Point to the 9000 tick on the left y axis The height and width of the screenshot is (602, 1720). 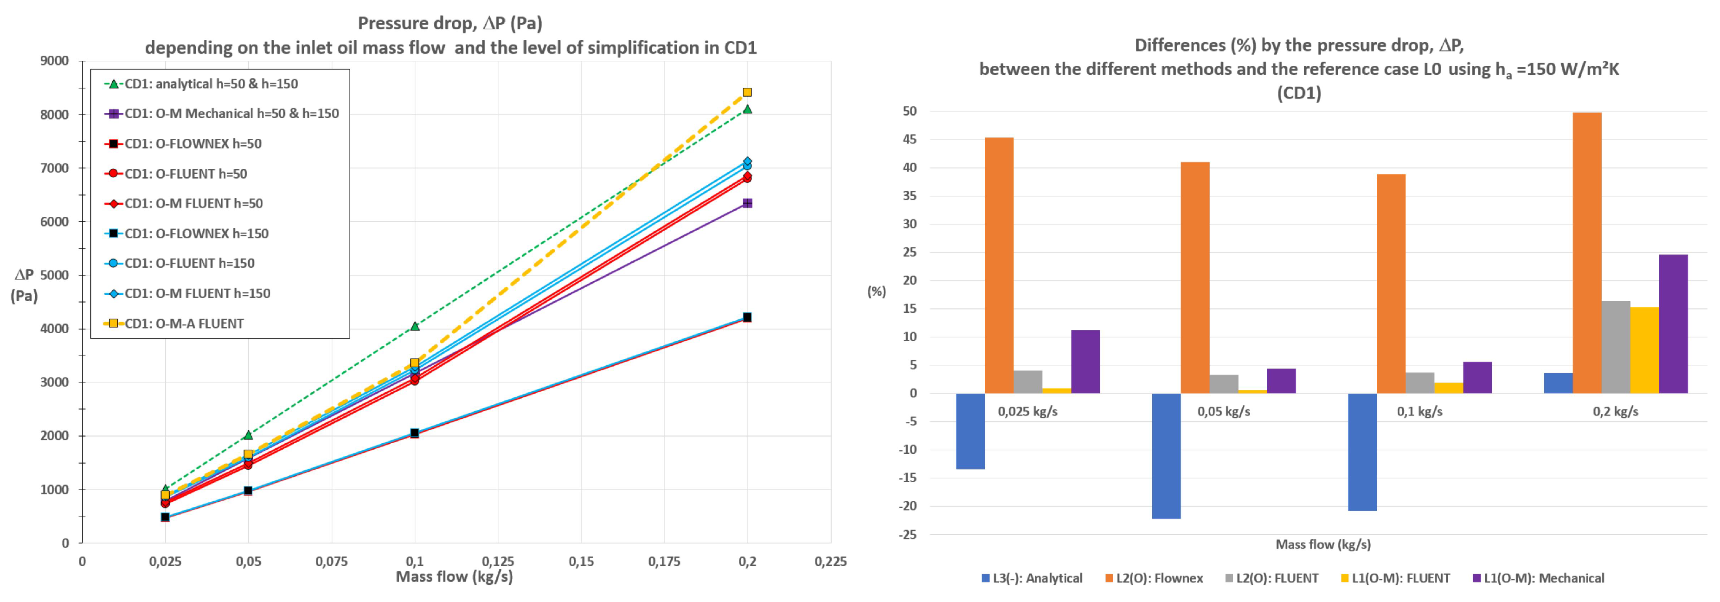point(55,61)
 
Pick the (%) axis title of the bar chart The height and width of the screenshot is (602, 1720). point(877,291)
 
